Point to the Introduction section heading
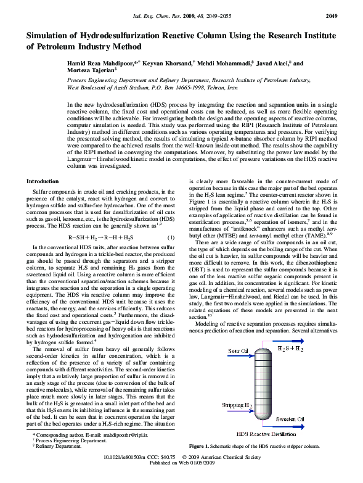[43, 181]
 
